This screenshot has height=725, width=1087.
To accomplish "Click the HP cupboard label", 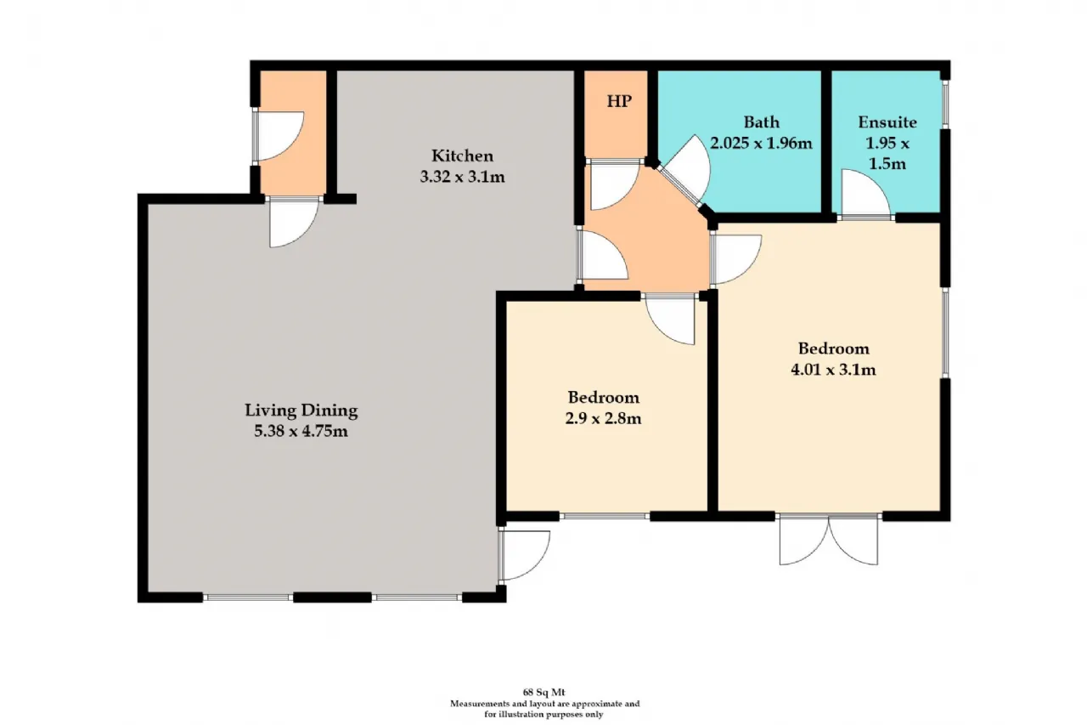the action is (x=619, y=101).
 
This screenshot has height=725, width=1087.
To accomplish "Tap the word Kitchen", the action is (x=463, y=156).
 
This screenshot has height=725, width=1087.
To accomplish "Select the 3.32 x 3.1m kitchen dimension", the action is (x=463, y=177).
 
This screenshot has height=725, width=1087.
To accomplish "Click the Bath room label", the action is (x=762, y=122).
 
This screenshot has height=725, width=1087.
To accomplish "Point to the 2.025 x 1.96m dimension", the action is (x=762, y=144).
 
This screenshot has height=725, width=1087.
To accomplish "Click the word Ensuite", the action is (x=887, y=122).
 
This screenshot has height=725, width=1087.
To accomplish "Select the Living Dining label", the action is (x=301, y=411).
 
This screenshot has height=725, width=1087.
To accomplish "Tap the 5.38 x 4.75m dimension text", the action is (x=301, y=431).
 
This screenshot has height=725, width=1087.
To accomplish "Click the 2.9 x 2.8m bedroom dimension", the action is (x=603, y=418).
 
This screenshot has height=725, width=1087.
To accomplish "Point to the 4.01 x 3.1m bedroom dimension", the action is (x=834, y=370).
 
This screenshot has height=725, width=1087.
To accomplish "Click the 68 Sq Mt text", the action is (x=543, y=693).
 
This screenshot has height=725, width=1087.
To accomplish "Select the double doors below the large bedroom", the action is (x=829, y=539).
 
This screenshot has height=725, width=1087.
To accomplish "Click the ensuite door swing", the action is (x=866, y=193).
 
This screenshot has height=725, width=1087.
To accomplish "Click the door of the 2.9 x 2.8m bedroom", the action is (x=671, y=319).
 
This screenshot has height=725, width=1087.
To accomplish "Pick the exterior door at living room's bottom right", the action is (x=525, y=556).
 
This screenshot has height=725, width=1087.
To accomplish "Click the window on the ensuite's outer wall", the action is (x=945, y=105).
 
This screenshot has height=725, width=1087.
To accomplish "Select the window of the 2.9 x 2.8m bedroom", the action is (x=605, y=516).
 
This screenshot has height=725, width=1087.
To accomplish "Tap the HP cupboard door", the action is (x=615, y=185).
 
